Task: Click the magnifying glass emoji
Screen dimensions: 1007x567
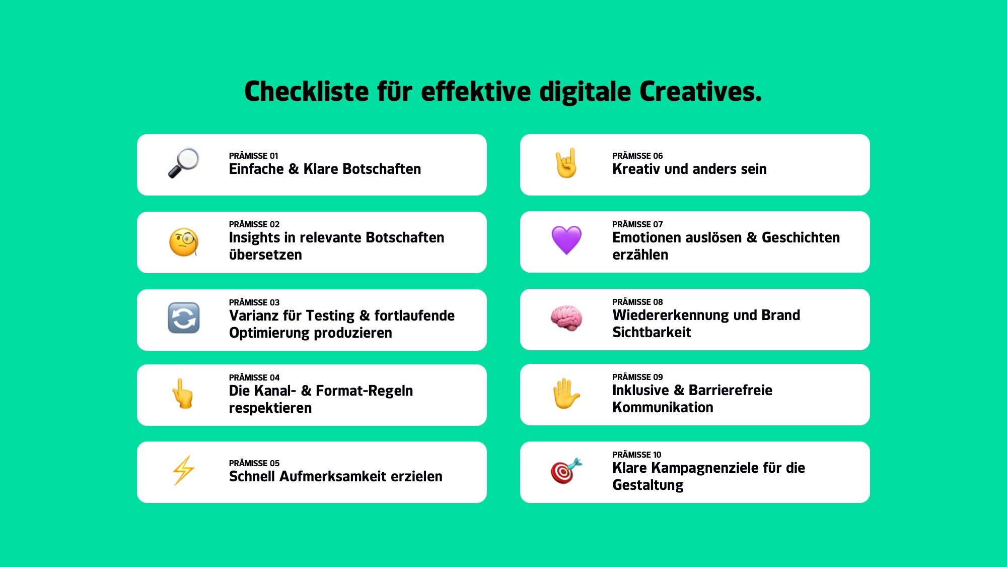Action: click(x=183, y=163)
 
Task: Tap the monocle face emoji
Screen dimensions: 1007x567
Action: click(x=184, y=242)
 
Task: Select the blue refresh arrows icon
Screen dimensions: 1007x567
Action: click(x=184, y=318)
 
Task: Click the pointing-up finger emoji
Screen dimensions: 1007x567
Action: click(x=183, y=394)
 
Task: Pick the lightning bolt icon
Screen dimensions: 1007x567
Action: click(x=183, y=470)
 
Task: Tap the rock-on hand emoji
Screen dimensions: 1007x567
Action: click(x=566, y=163)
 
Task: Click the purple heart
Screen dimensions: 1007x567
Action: click(x=566, y=240)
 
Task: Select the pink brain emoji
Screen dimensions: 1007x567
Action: click(x=566, y=318)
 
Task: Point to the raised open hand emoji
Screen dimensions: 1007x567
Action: click(x=566, y=394)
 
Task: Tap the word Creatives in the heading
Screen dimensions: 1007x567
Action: click(x=700, y=92)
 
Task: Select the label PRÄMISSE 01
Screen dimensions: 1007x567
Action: click(x=253, y=156)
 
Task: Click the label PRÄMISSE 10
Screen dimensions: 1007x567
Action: click(x=636, y=455)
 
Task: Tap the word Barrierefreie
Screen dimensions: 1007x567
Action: click(x=730, y=390)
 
